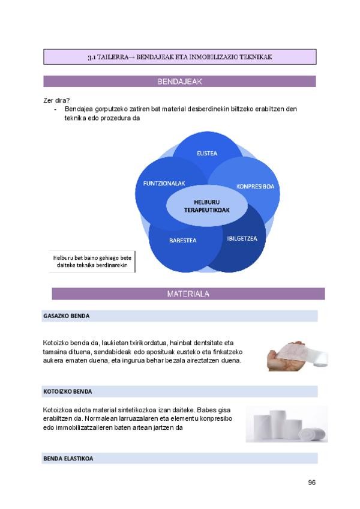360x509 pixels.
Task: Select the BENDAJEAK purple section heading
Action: tap(179, 82)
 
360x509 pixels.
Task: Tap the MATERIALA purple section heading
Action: tap(188, 294)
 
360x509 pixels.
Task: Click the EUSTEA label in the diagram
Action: tap(207, 153)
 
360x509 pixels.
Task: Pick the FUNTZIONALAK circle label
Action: tap(159, 182)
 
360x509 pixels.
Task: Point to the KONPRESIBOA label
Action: tap(255, 186)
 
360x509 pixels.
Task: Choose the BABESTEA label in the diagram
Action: tap(182, 240)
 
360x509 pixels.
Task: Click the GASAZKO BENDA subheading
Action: tap(66, 316)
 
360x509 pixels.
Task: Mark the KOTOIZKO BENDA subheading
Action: tap(67, 391)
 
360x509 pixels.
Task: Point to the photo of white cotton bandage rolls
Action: tap(287, 424)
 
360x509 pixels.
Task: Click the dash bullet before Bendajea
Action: tap(56, 109)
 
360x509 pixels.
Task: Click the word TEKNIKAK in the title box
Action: tap(257, 58)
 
